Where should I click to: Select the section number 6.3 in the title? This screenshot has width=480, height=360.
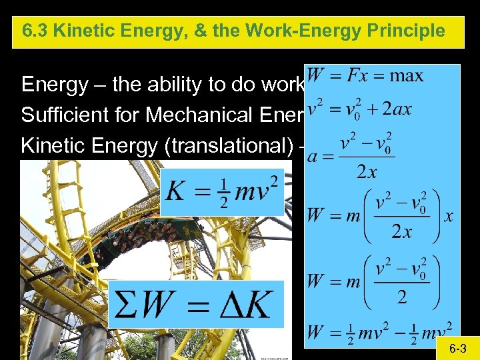click(x=34, y=31)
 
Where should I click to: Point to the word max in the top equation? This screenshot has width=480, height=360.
click(x=407, y=75)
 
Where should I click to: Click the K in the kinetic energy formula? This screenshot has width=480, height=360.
click(x=175, y=190)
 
